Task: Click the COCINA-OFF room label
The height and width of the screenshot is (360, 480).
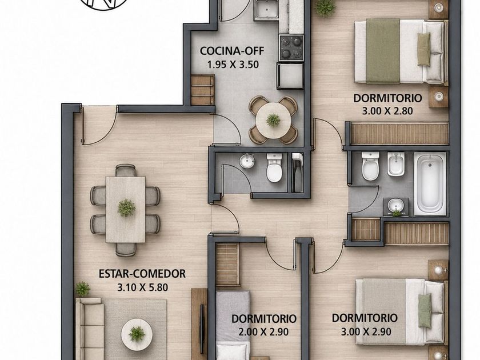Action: pyautogui.click(x=232, y=51)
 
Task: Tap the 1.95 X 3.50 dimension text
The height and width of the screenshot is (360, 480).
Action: pyautogui.click(x=233, y=65)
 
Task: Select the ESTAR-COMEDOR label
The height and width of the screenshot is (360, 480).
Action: pyautogui.click(x=142, y=273)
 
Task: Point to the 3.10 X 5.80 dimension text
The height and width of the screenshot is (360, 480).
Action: pyautogui.click(x=143, y=287)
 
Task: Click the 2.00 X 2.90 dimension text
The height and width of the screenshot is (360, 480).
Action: pyautogui.click(x=263, y=331)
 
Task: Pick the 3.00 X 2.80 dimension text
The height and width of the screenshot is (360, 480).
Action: pyautogui.click(x=387, y=111)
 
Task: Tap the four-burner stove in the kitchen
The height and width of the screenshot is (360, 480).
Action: pyautogui.click(x=291, y=47)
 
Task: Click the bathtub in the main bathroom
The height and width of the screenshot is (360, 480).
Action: pyautogui.click(x=430, y=184)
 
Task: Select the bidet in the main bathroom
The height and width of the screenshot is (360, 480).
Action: pyautogui.click(x=396, y=164)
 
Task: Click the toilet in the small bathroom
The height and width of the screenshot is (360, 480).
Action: pyautogui.click(x=274, y=168)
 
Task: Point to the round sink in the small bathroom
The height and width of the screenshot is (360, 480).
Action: pyautogui.click(x=247, y=161)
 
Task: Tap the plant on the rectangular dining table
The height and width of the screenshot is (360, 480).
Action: pyautogui.click(x=126, y=208)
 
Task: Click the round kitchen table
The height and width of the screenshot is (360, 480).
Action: pyautogui.click(x=273, y=120)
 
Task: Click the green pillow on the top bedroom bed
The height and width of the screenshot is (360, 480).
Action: pyautogui.click(x=424, y=49)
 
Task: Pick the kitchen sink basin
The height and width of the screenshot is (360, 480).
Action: pyautogui.click(x=266, y=10)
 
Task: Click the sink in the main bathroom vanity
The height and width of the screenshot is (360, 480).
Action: pyautogui.click(x=396, y=205)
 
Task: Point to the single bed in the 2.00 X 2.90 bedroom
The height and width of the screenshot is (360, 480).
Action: pyautogui.click(x=233, y=325)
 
